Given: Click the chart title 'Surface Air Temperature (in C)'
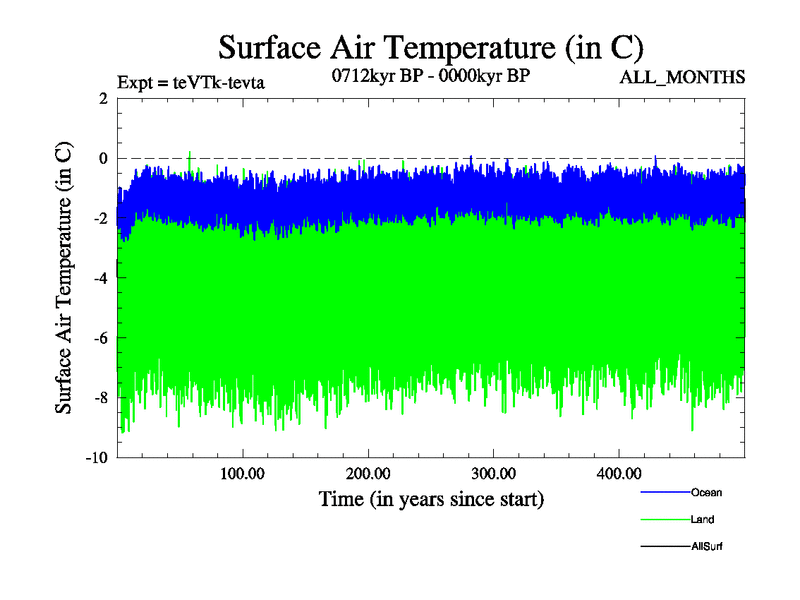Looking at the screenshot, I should (x=430, y=47).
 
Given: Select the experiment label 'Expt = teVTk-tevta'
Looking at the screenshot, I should (x=191, y=81).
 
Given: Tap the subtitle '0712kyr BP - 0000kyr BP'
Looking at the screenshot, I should (x=429, y=76).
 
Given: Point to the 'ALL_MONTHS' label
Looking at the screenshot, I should (x=682, y=78).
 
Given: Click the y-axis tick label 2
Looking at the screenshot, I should (x=103, y=98).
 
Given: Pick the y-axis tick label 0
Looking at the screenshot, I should (x=103, y=158).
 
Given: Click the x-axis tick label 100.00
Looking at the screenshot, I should (x=243, y=473).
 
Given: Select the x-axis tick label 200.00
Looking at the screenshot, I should (x=369, y=473).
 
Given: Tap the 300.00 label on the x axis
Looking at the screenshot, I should (x=494, y=473).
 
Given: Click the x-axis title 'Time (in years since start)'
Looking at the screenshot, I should (x=431, y=498).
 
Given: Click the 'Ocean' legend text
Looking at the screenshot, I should (x=705, y=492).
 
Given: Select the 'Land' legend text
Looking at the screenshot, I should (x=701, y=519).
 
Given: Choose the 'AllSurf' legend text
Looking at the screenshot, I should (x=706, y=546).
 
